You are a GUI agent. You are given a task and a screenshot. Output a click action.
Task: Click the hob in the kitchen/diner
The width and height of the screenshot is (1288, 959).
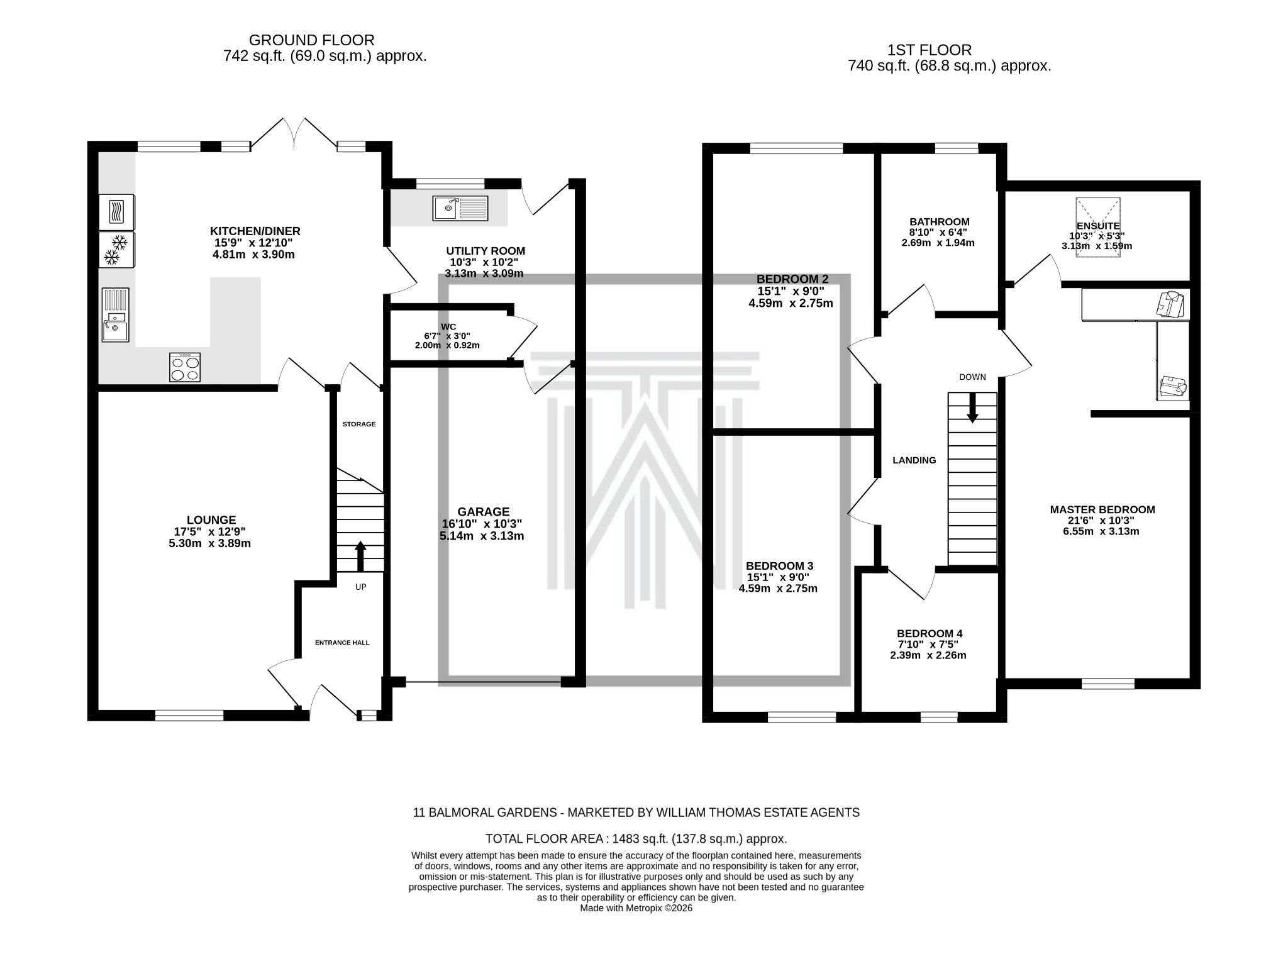185,367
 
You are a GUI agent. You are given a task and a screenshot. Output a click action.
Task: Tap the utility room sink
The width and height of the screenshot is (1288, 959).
460,208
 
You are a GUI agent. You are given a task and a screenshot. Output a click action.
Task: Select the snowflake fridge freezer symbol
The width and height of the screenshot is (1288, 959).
116,250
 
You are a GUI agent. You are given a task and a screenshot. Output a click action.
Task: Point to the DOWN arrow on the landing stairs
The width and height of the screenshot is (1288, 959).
972,407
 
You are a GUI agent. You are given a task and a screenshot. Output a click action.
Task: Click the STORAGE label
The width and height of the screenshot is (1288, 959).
359,424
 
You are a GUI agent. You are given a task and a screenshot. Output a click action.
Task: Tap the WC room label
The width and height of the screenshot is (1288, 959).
448,327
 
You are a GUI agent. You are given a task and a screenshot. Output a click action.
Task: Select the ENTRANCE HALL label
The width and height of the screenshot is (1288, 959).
342,643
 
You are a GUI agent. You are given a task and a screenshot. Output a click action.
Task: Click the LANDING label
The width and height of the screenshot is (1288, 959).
914,460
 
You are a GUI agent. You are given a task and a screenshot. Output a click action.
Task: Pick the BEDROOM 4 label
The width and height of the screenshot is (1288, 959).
929,633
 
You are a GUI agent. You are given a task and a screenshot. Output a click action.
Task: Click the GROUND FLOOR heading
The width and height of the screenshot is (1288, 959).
311,40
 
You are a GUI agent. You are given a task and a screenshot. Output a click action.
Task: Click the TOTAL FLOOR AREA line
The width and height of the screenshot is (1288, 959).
636,839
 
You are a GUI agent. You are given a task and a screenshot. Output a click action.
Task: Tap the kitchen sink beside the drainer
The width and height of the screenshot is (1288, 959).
116,328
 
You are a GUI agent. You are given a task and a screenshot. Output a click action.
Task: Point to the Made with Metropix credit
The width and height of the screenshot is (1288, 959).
636,908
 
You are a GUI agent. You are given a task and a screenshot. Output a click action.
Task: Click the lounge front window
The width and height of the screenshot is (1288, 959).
189,715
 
